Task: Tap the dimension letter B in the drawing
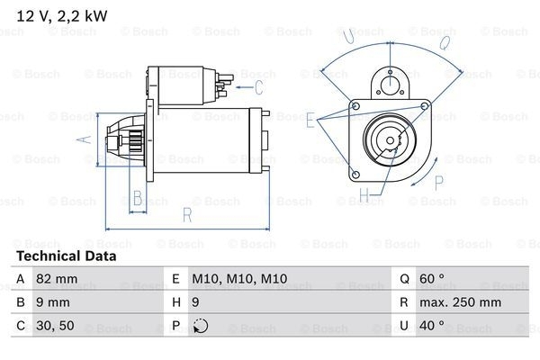(x=138, y=198)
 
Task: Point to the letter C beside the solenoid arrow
(x=258, y=87)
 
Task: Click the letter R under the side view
(x=186, y=215)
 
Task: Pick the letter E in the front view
(x=310, y=119)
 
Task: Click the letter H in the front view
(x=364, y=193)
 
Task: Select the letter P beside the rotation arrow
(x=439, y=183)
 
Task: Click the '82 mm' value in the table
(x=58, y=280)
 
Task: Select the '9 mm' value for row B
(x=54, y=303)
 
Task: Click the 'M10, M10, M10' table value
(x=239, y=280)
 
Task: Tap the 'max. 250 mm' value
(x=464, y=303)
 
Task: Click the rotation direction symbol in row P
(x=200, y=326)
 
